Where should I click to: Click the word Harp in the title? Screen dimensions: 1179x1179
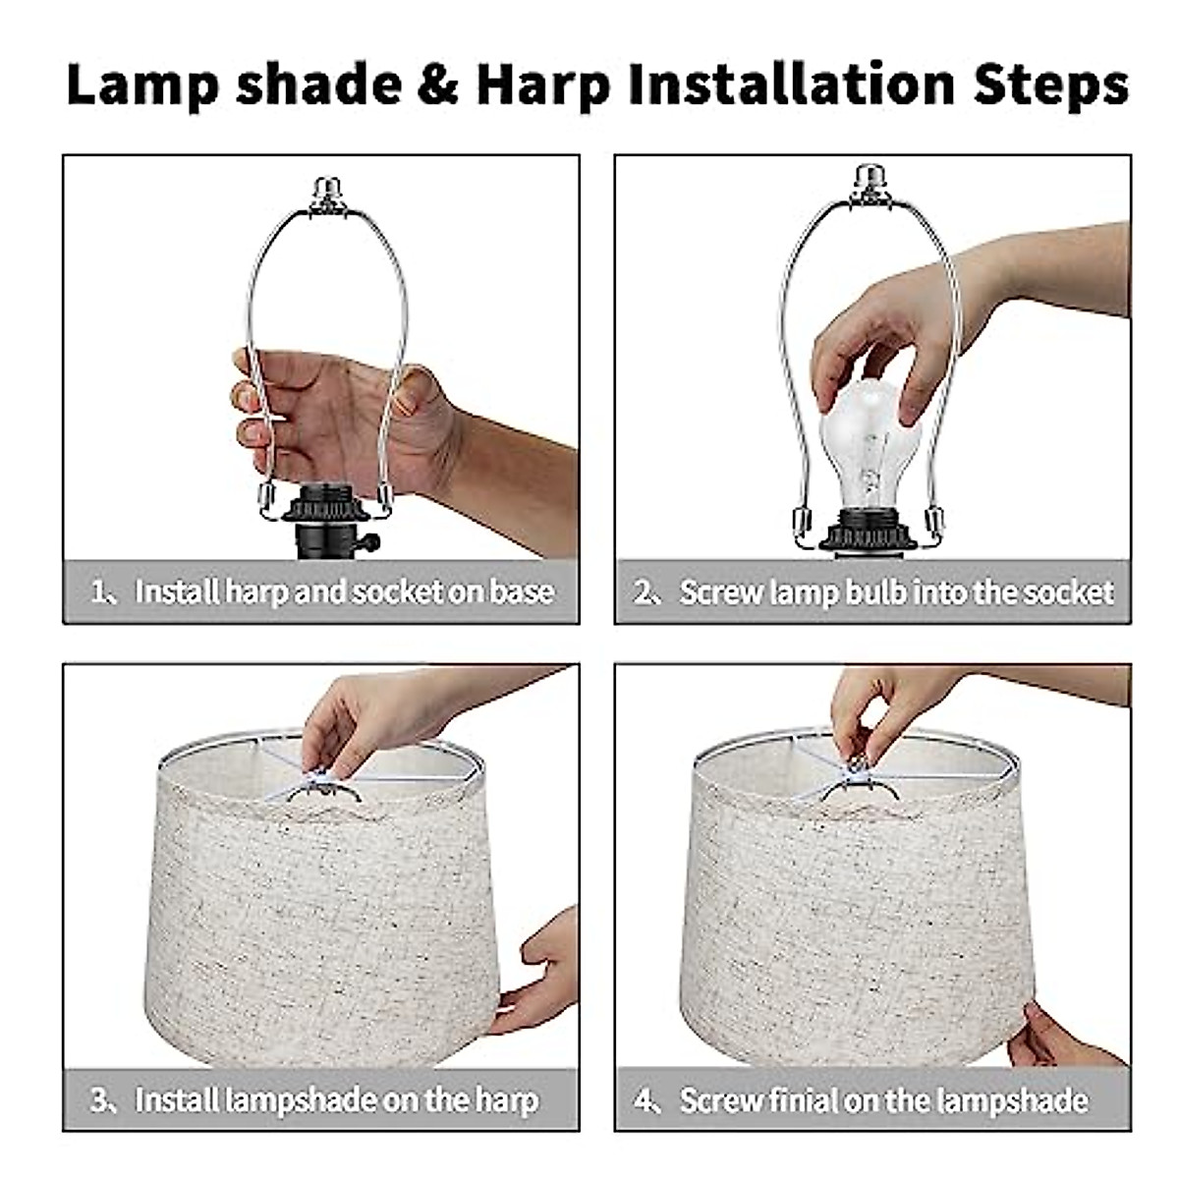point(543,85)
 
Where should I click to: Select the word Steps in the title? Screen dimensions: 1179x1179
point(1050,85)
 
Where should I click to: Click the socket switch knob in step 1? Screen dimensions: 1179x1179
point(369,541)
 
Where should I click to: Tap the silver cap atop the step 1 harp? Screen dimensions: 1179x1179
point(327,194)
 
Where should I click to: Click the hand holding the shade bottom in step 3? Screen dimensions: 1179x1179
point(538,972)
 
